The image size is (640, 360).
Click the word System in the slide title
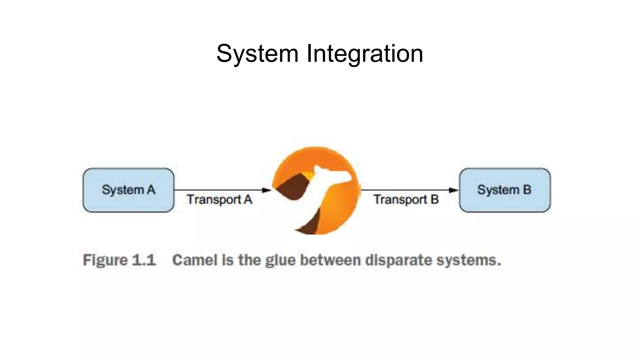[x=257, y=54]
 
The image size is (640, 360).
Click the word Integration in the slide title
[x=364, y=54]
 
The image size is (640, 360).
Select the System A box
[x=128, y=190]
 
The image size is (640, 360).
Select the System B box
[x=505, y=190]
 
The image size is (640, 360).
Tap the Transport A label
[x=219, y=200]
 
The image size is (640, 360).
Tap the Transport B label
[x=406, y=200]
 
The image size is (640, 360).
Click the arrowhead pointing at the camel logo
[x=267, y=190]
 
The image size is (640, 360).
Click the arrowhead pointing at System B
[x=453, y=190]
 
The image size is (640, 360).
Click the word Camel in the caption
[x=195, y=260]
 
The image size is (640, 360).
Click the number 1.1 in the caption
[x=144, y=260]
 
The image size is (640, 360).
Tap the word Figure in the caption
[x=105, y=260]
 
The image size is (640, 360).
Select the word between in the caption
[x=330, y=260]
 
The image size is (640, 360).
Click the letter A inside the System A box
[x=151, y=190]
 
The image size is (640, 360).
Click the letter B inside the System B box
[x=527, y=190]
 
